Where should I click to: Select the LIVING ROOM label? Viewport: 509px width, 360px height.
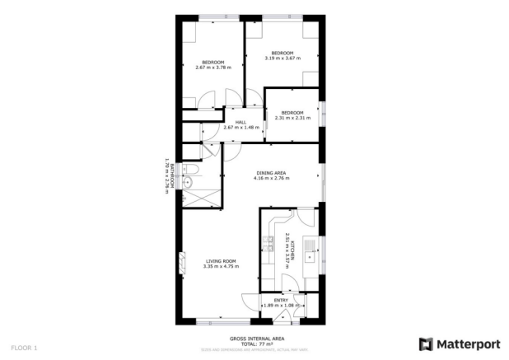tap(221, 261)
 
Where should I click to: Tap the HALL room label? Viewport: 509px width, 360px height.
tap(241, 122)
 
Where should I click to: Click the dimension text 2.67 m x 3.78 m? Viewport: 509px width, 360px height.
tap(213, 67)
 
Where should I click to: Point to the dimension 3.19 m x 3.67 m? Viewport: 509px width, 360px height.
tap(283, 58)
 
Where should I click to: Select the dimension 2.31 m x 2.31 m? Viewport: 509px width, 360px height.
tap(292, 117)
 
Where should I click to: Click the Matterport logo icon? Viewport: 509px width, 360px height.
tap(426, 343)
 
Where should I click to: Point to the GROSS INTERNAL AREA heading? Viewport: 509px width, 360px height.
tap(257, 338)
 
